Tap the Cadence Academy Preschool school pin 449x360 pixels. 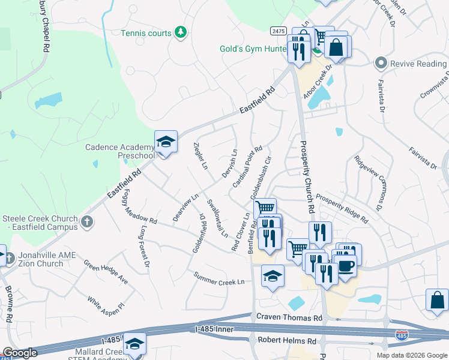click(166, 143)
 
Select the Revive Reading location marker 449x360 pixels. click(380, 63)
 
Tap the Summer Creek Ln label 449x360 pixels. click(219, 278)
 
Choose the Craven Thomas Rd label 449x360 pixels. click(289, 317)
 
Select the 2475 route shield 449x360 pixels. click(277, 31)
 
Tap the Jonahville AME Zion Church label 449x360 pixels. click(47, 259)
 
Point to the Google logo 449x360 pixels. click(19, 353)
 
